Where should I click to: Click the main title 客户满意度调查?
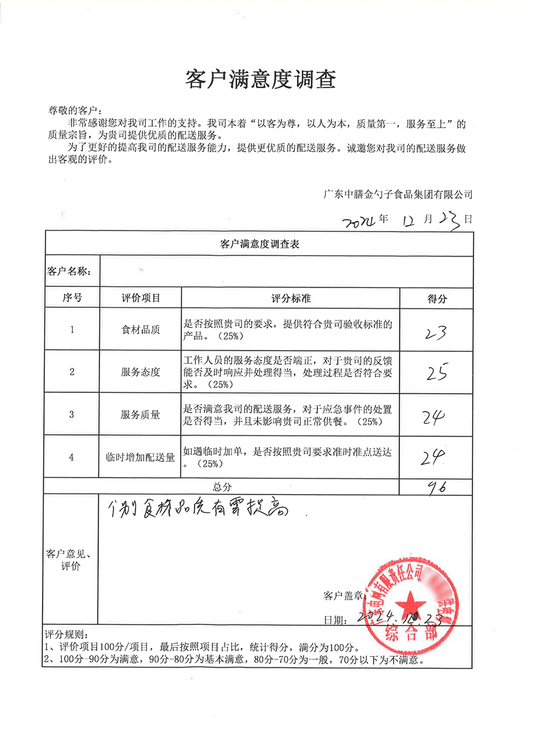coord(261,80)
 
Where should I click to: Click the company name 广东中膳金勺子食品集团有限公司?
coord(398,195)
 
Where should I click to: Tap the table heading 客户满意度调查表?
coord(260,244)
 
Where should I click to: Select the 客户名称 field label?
coord(69,272)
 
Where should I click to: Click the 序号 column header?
coord(72,298)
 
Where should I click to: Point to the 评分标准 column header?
coord(290,298)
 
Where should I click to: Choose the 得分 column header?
coord(437,299)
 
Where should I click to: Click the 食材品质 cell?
coord(140,330)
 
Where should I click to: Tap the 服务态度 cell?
coord(140,372)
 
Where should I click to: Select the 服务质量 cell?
coord(140,414)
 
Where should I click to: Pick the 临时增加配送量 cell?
coord(140,458)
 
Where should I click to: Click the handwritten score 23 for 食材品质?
coord(436,333)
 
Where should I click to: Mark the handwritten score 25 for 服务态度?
coord(437,372)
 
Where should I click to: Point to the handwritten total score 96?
coord(437,487)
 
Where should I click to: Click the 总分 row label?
coord(222,487)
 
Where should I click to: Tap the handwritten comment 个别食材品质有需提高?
coord(198,509)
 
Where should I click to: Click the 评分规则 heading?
coord(64,635)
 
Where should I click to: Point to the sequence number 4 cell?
coord(72,458)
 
